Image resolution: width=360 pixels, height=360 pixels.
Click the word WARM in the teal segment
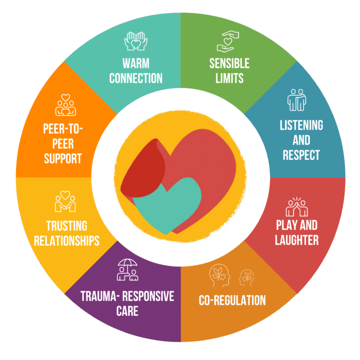[136, 63]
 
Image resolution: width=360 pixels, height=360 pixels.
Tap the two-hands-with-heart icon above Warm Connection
[136, 41]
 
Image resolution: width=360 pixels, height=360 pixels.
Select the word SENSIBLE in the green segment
[229, 63]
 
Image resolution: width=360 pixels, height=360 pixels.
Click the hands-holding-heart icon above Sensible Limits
[228, 41]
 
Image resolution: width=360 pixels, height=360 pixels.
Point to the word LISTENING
[301, 125]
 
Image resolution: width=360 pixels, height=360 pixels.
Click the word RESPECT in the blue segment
[301, 155]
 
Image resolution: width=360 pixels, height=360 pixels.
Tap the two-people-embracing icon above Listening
[297, 100]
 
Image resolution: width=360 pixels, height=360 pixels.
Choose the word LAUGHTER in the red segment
[297, 240]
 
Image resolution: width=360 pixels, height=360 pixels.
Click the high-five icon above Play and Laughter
[297, 207]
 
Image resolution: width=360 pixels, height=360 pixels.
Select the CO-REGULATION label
[232, 300]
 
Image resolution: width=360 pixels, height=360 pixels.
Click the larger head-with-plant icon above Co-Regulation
[220, 275]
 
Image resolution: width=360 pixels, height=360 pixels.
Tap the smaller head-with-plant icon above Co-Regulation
[246, 278]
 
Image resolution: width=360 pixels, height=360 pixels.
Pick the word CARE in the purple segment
[127, 311]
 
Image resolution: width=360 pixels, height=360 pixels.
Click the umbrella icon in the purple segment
[128, 270]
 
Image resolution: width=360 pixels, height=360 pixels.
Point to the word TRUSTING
[66, 226]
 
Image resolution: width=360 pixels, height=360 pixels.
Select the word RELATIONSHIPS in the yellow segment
[66, 241]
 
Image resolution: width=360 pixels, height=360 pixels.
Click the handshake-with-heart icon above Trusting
[65, 202]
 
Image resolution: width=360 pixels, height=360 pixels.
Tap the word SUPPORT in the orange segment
[63, 158]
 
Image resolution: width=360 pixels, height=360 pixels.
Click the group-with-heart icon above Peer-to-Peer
[65, 105]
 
